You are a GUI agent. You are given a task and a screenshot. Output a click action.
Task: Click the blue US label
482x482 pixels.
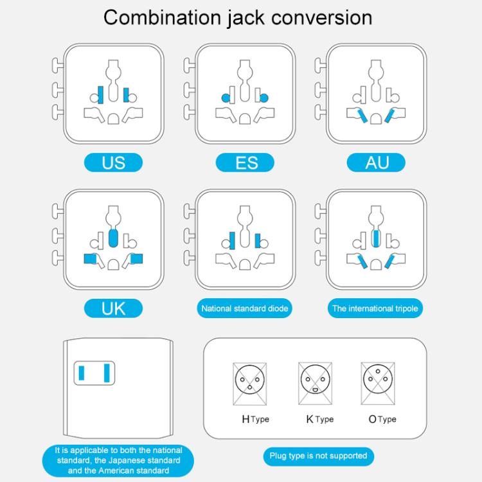[x=113, y=163]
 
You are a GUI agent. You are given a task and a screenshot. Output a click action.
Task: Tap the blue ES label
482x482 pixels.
[x=245, y=163]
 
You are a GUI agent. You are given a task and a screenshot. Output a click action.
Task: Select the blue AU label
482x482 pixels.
[x=376, y=163]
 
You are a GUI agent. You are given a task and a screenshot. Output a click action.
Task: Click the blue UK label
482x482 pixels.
[x=113, y=308]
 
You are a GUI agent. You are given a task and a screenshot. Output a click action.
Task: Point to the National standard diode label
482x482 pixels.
[x=244, y=308]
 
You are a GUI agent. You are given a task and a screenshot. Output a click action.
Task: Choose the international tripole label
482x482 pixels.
[x=375, y=308]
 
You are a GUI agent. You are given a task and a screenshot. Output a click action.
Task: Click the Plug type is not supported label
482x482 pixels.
[x=319, y=456]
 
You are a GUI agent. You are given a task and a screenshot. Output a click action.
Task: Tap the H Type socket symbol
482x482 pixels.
[x=249, y=384]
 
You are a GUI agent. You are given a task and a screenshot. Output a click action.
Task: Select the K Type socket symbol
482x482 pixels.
[x=315, y=383]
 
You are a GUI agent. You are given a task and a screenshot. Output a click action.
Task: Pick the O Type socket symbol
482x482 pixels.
[x=378, y=383]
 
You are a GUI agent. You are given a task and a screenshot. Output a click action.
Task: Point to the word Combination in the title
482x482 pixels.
[x=163, y=17]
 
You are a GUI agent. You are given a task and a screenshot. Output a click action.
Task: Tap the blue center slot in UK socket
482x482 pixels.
[x=113, y=238]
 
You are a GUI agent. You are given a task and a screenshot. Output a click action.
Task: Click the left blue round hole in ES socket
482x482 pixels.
[x=226, y=98]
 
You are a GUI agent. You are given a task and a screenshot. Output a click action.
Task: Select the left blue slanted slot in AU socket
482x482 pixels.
[x=362, y=115]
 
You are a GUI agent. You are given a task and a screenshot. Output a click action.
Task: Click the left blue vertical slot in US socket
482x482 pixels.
[x=100, y=94]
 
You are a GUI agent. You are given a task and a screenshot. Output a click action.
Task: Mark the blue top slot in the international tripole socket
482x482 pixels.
[x=376, y=238]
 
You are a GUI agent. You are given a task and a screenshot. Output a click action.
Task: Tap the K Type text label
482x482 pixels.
[x=319, y=419]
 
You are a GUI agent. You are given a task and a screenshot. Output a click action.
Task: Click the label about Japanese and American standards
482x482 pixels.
[x=118, y=461]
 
